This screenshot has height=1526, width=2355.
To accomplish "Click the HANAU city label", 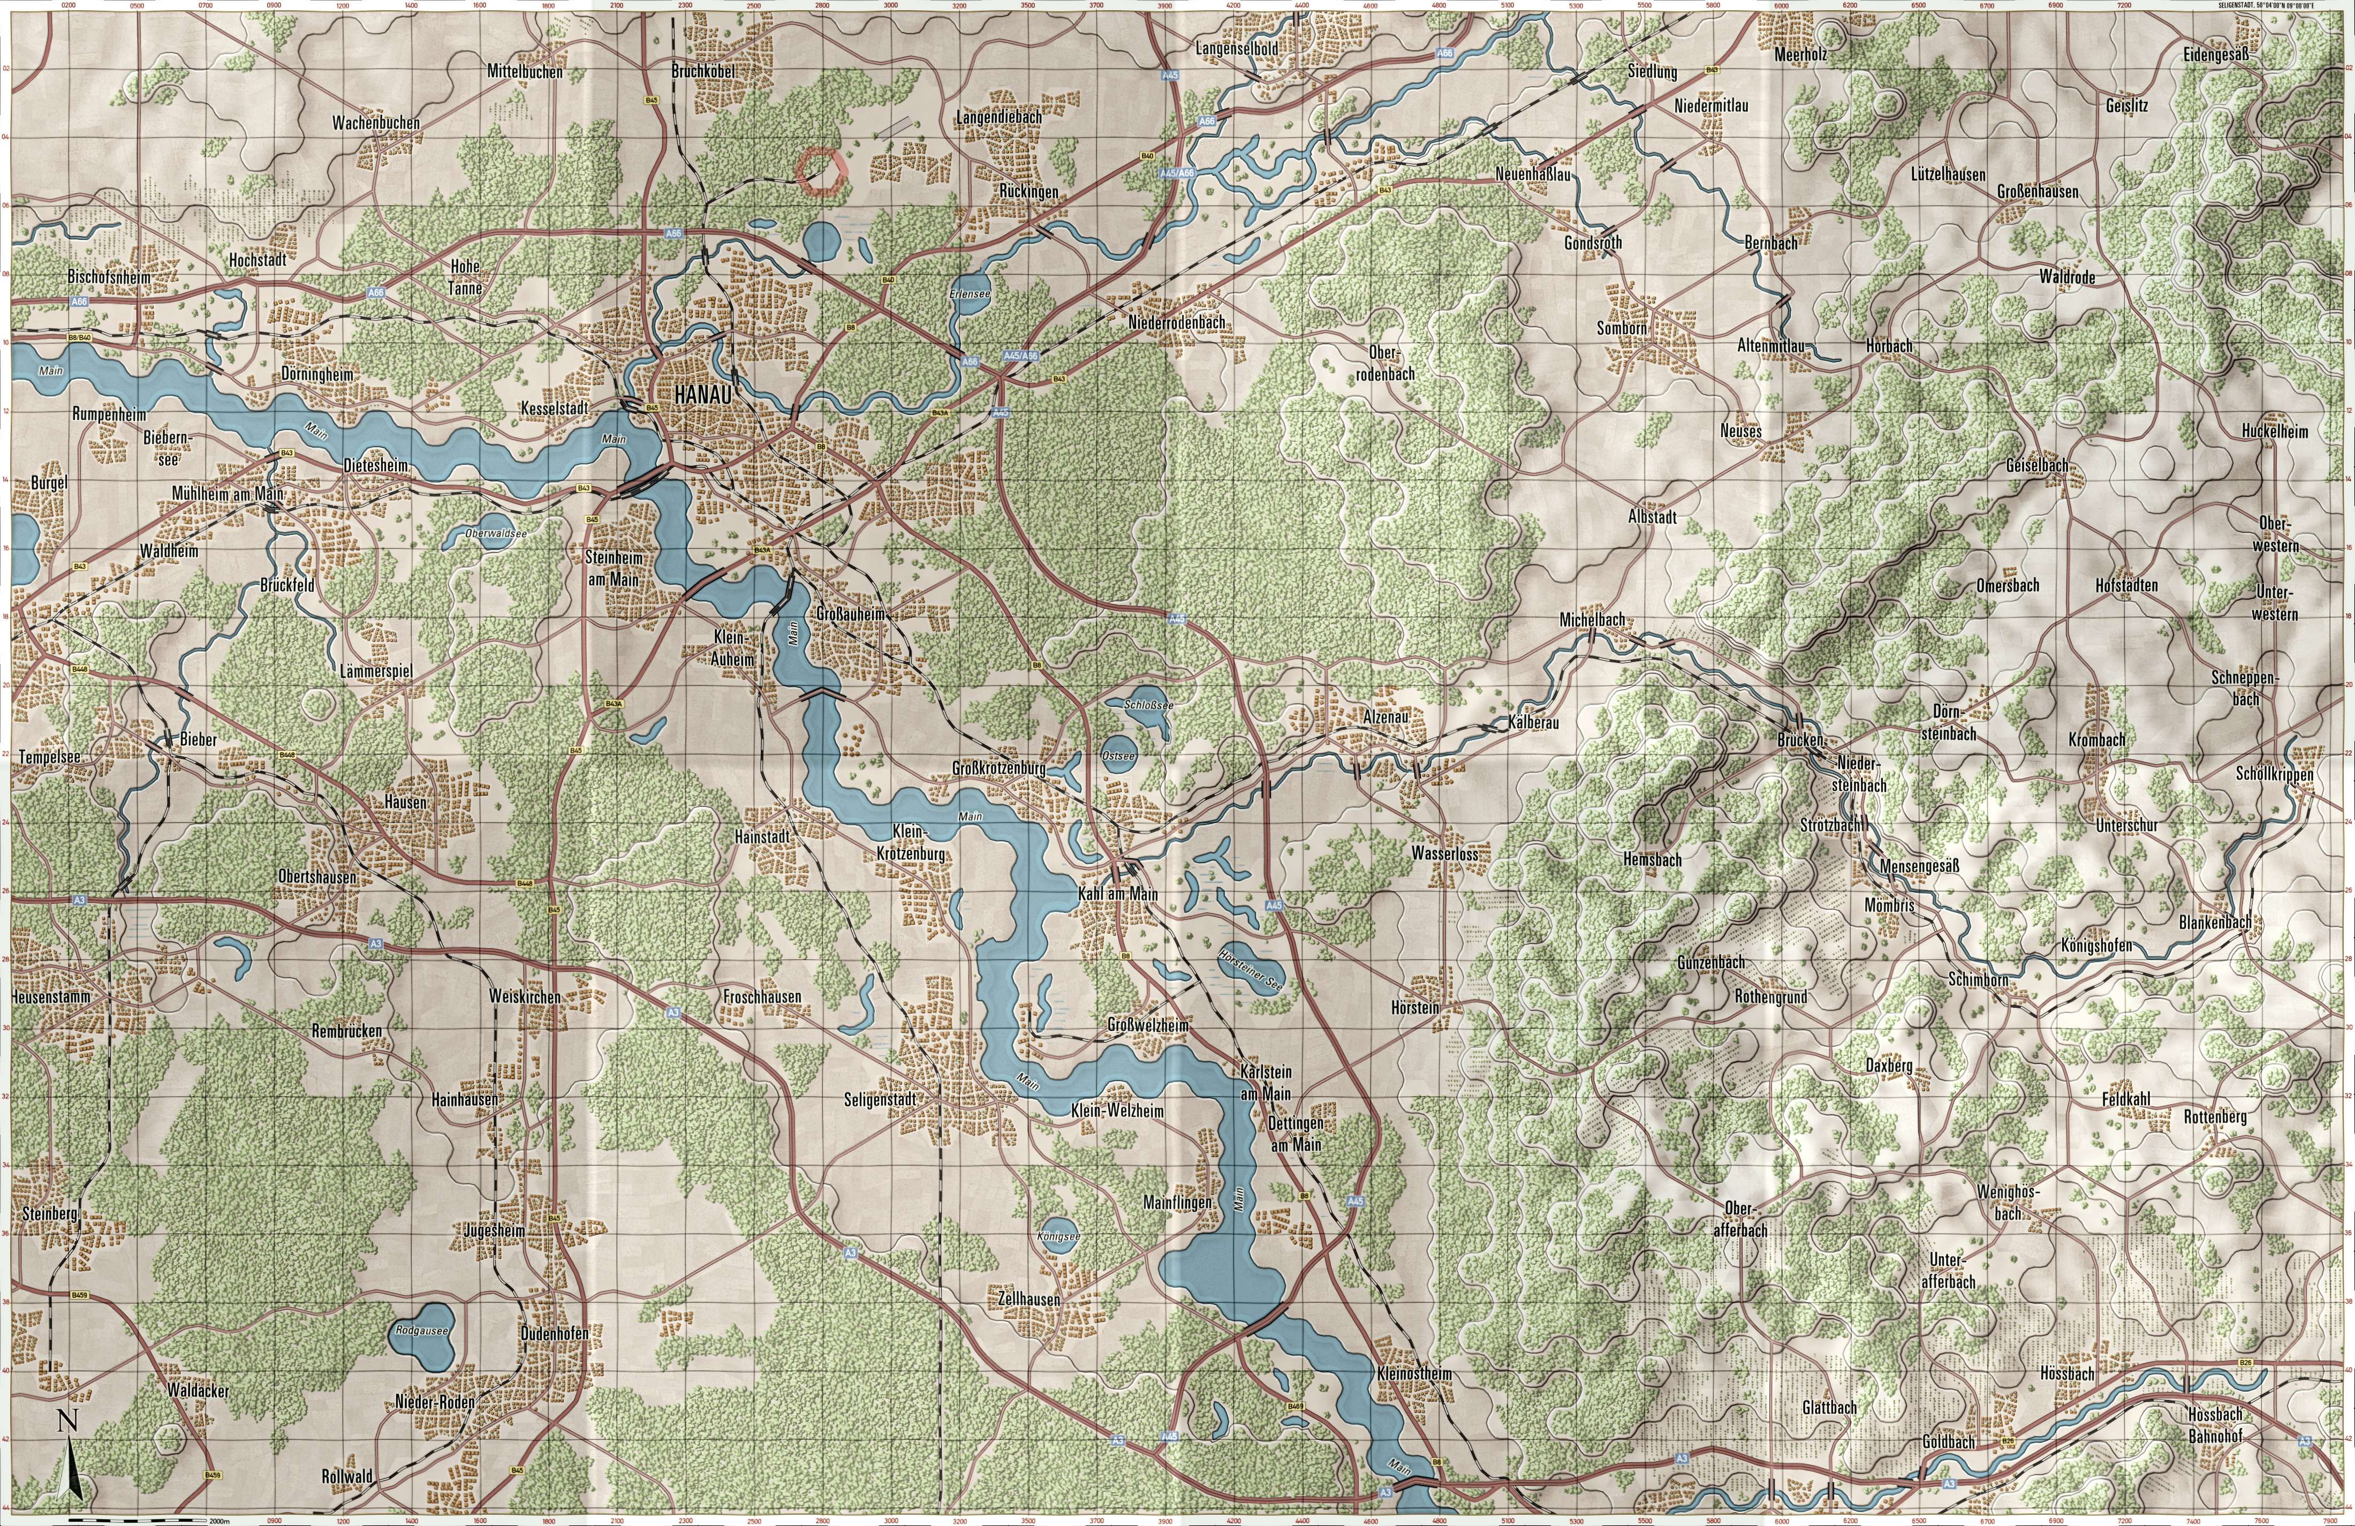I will (701, 394).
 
